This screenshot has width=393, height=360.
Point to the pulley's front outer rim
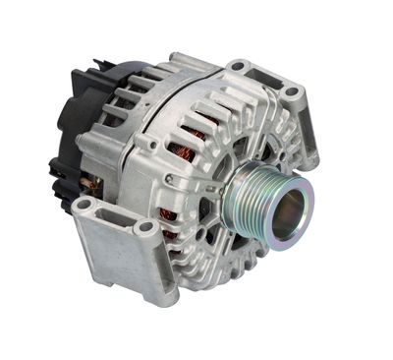point(312,196)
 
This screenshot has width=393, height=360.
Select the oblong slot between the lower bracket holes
point(114,214)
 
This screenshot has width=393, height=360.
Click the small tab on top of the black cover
point(97,65)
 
